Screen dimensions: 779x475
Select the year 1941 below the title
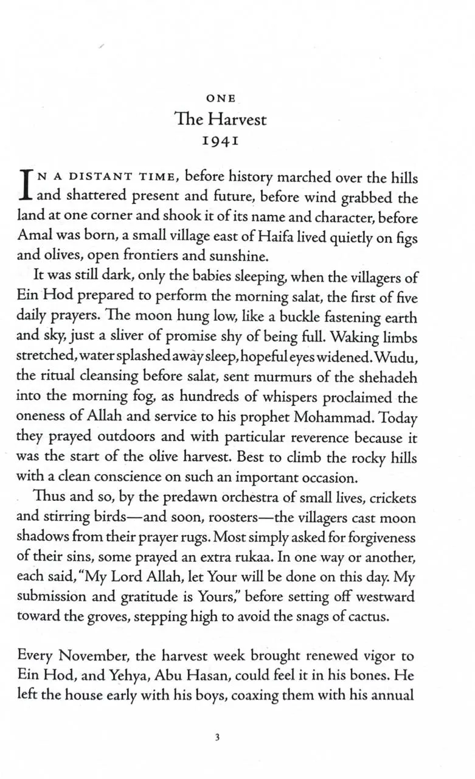[220, 141]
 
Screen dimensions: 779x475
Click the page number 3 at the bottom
[217, 738]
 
